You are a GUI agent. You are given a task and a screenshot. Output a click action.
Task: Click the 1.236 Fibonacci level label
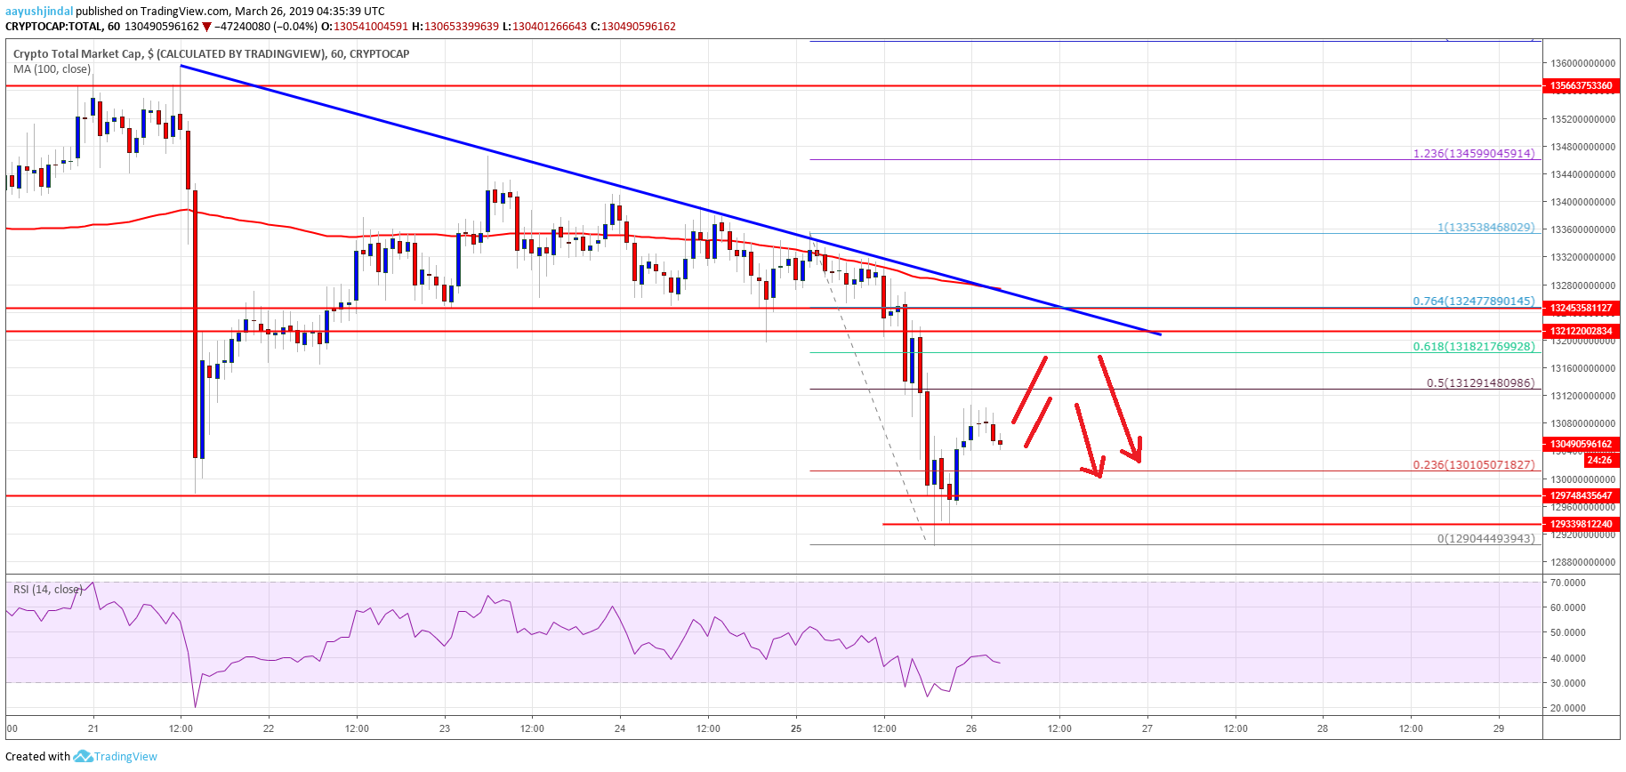[1473, 154]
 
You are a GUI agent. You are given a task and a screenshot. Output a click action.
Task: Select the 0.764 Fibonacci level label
[1473, 302]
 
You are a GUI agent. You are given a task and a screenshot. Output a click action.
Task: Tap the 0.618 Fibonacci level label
[1473, 347]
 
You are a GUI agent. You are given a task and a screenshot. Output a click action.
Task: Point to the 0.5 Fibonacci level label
[1480, 383]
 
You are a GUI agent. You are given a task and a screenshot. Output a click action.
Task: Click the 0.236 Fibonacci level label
[1473, 465]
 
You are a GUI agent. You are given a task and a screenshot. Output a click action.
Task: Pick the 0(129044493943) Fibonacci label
[1485, 539]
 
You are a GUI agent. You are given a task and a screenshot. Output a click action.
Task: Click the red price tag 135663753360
[1581, 86]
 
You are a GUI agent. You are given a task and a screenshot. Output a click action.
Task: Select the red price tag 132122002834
[1581, 331]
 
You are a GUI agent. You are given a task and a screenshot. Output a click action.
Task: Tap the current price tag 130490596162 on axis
[1581, 444]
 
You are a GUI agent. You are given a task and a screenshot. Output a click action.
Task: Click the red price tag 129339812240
[1581, 524]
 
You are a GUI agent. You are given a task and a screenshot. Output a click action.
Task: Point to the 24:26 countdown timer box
[1598, 460]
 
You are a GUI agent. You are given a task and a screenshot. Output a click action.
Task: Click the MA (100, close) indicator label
[52, 69]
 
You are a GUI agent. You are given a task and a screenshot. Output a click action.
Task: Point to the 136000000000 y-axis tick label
[1582, 64]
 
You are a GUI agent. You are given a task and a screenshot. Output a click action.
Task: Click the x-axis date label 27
[1147, 728]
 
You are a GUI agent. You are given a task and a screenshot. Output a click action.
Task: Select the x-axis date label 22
[269, 728]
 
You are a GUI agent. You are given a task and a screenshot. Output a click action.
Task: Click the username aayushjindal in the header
[39, 12]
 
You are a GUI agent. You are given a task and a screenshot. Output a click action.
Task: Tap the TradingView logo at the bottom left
[116, 757]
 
